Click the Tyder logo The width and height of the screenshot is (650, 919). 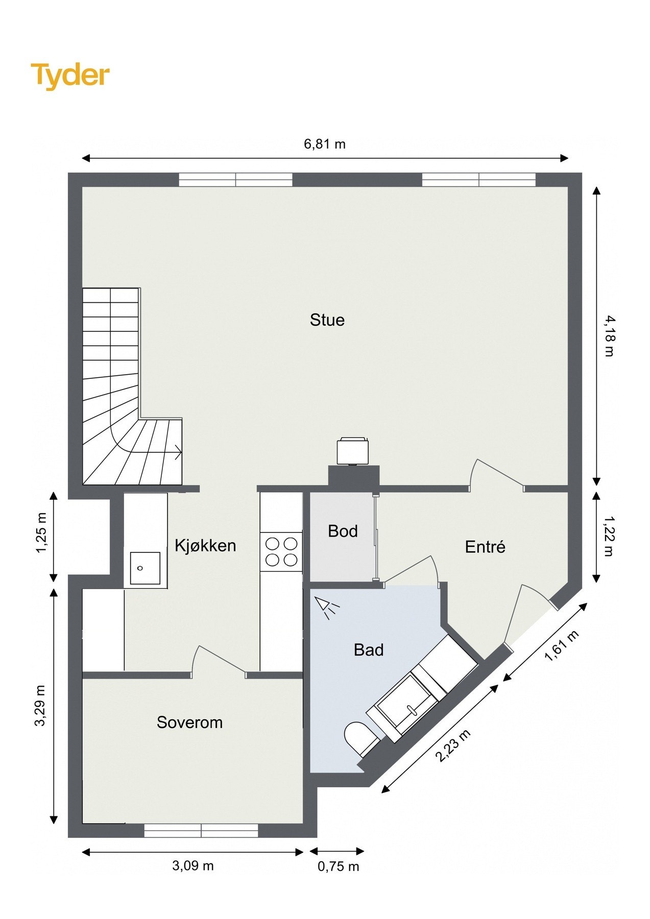click(70, 76)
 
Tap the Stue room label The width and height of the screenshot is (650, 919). click(327, 320)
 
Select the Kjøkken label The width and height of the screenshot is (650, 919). click(205, 545)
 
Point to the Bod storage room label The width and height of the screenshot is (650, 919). click(343, 531)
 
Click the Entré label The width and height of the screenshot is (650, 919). click(485, 547)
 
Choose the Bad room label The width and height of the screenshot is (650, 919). click(369, 650)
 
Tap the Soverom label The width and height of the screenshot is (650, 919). click(189, 722)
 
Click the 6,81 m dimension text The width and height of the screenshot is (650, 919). click(325, 144)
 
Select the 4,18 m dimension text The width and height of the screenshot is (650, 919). click(610, 336)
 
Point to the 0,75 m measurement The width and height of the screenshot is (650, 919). click(339, 866)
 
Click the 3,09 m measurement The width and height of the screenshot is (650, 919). click(193, 865)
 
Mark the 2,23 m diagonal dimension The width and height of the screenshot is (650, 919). click(453, 746)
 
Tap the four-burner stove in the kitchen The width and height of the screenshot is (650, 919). click(281, 552)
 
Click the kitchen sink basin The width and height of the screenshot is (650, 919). click(145, 568)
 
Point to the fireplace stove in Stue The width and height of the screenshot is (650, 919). click(352, 450)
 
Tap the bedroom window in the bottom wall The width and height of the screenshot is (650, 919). click(201, 831)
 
